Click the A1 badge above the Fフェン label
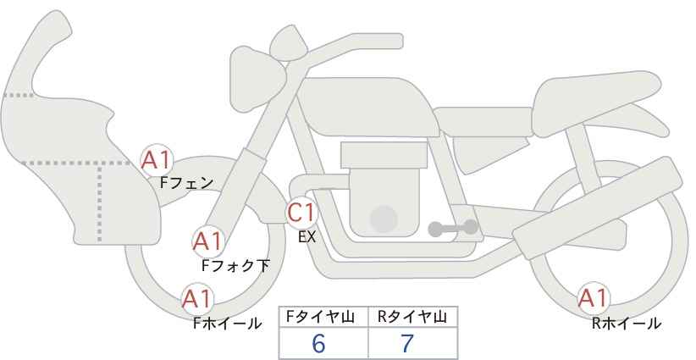click(157, 160)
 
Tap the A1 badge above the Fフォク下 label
click(208, 242)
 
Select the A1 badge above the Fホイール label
click(198, 299)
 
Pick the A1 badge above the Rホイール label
click(594, 298)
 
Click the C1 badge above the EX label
click(301, 213)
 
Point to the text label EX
click(307, 237)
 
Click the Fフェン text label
click(187, 183)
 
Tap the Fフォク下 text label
click(235, 265)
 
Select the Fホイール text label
click(227, 324)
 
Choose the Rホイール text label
click(627, 324)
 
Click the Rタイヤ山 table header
click(412, 317)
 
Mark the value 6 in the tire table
click(318, 343)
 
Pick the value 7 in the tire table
click(407, 343)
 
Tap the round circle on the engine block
click(384, 219)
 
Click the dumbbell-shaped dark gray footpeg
click(453, 228)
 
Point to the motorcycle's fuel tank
click(366, 106)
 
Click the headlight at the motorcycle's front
click(257, 78)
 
